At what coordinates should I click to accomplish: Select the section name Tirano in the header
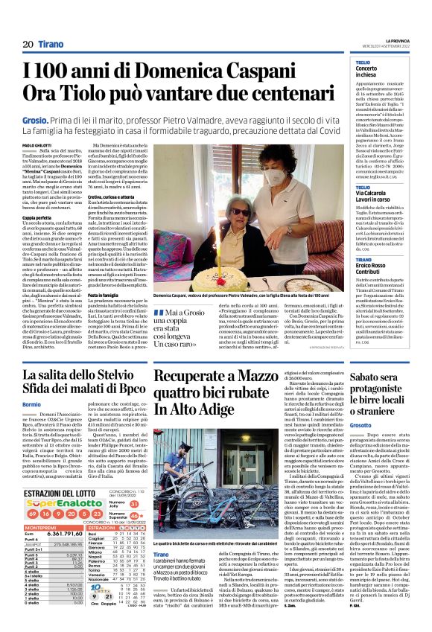[x=51, y=45]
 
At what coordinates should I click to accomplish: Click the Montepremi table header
[x=43, y=526]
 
